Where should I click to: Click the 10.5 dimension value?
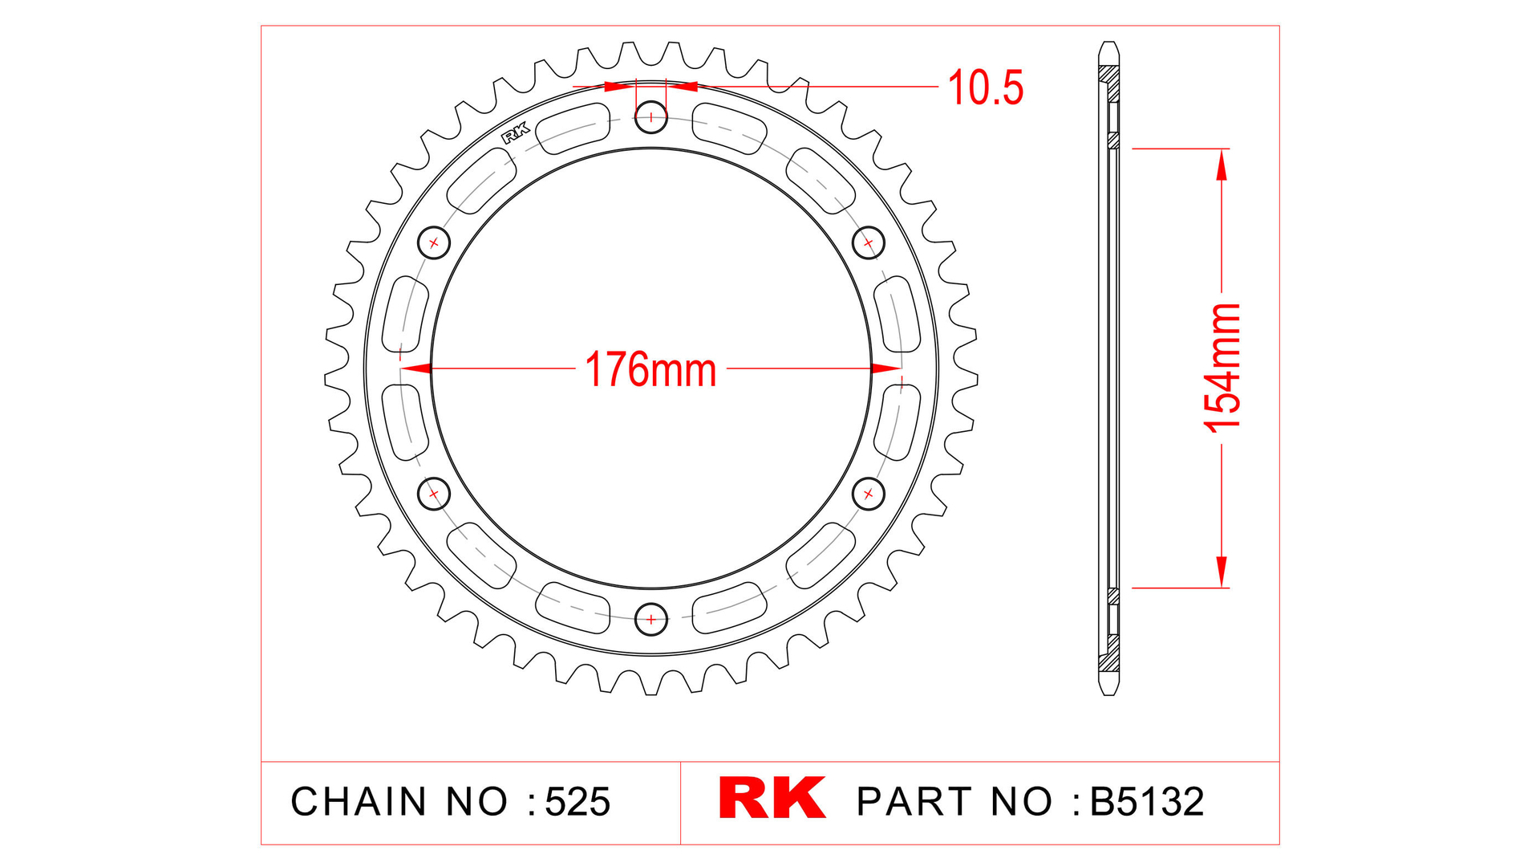click(985, 88)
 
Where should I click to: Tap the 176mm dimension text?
click(650, 370)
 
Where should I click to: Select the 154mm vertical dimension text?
click(1222, 368)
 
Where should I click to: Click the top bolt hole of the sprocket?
click(651, 117)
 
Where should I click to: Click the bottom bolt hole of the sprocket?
click(651, 619)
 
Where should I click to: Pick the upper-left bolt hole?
click(434, 242)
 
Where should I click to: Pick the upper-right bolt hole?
click(868, 242)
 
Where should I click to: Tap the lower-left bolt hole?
click(434, 493)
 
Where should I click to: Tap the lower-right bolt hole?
click(868, 493)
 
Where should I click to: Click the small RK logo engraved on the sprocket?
click(516, 134)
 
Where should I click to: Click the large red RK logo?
click(772, 798)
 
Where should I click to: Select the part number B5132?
click(1146, 802)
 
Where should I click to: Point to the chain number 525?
click(577, 802)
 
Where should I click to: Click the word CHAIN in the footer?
click(359, 802)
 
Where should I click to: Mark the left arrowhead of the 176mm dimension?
click(416, 368)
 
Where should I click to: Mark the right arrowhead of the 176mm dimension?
click(885, 368)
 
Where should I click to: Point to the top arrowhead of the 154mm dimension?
click(1222, 165)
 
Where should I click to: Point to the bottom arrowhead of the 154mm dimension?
click(1222, 572)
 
